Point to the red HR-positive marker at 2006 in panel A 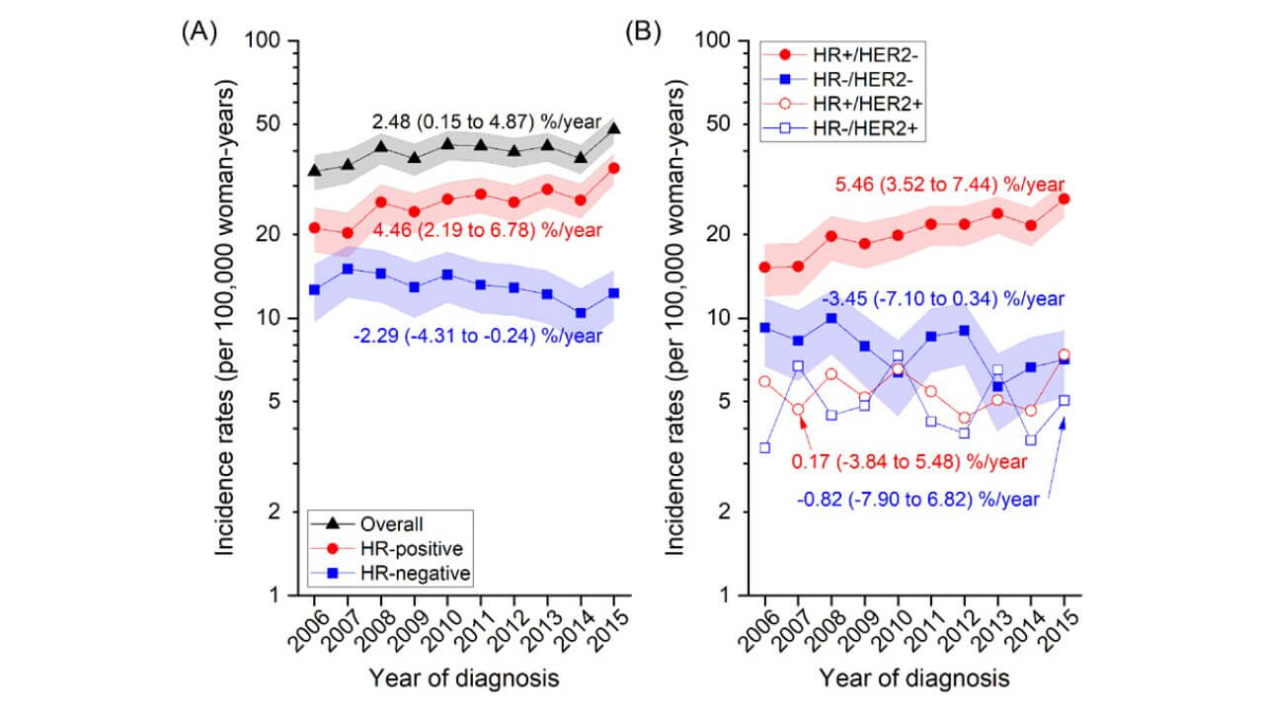click(314, 228)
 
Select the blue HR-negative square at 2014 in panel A click(581, 313)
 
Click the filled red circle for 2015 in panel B click(1065, 198)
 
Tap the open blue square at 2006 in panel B click(764, 448)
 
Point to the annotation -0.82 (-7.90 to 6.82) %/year click(918, 500)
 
